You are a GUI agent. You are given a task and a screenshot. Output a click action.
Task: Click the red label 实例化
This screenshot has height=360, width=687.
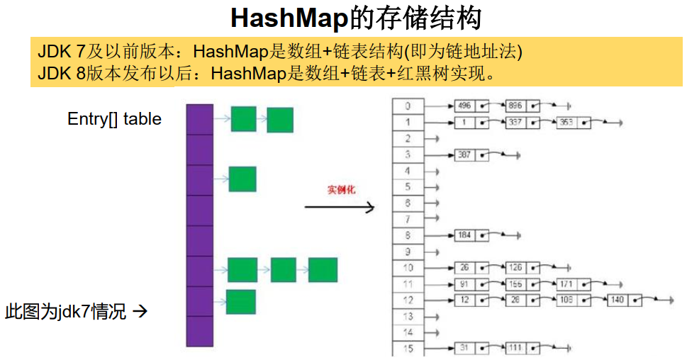(341, 190)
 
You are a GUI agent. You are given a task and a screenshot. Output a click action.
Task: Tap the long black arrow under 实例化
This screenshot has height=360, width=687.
(339, 207)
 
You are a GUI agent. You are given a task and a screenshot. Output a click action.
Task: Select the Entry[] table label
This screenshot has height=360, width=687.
(114, 119)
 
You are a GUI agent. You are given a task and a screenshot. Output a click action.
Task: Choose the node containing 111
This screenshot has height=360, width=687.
(523, 348)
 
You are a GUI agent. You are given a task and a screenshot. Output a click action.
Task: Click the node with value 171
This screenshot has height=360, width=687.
(574, 284)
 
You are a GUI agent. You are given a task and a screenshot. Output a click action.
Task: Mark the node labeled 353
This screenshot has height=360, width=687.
(574, 123)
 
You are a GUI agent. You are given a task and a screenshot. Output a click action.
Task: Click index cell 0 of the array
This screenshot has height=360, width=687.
(408, 106)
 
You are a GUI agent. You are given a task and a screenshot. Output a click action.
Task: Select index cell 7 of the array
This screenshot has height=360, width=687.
(408, 219)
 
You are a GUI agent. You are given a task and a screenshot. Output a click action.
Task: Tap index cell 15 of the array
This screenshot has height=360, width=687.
(408, 348)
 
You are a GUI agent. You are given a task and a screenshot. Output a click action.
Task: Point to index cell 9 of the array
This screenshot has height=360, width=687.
(408, 252)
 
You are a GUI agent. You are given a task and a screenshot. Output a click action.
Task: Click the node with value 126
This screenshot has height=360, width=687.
(523, 268)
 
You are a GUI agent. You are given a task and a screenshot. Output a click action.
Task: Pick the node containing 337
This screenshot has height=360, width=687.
(523, 123)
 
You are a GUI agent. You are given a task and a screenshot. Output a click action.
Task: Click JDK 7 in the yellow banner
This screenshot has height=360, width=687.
(61, 52)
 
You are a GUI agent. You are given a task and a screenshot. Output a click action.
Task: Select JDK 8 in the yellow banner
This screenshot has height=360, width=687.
(61, 72)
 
